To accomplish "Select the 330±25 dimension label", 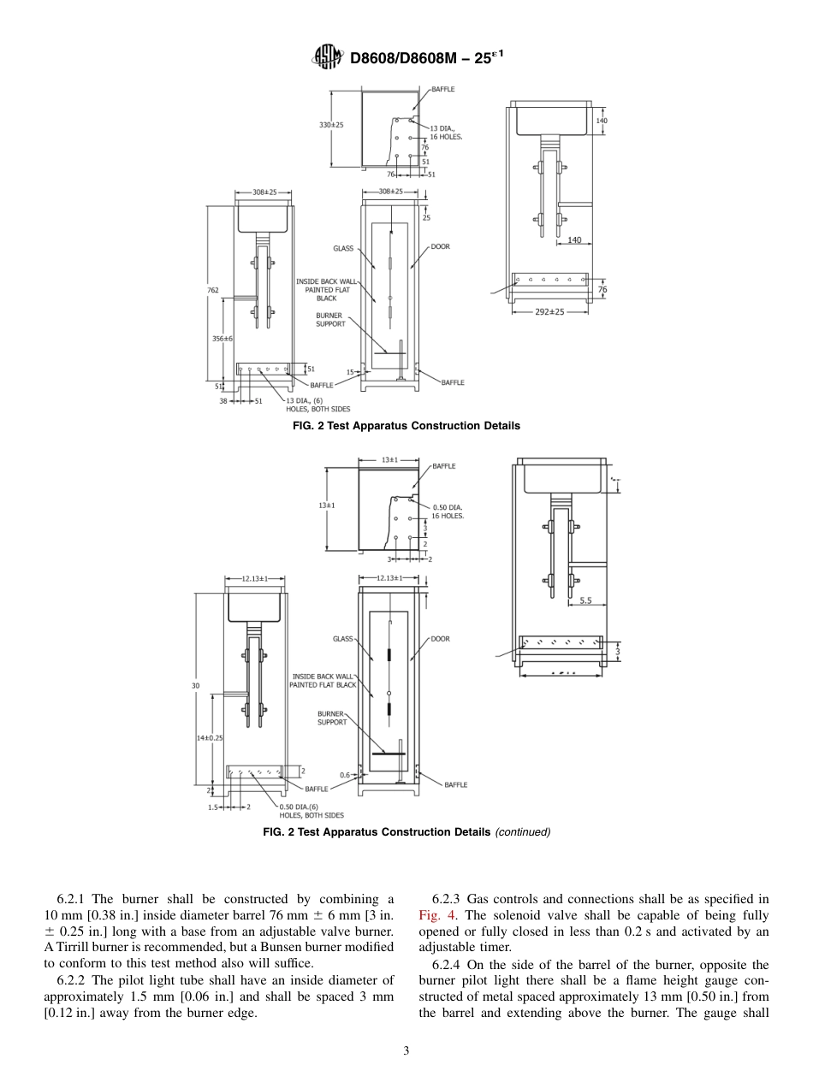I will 331,125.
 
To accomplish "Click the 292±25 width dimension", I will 549,312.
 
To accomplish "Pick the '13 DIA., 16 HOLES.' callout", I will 446,133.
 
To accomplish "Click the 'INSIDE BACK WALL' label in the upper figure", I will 326,281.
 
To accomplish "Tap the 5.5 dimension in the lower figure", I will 585,600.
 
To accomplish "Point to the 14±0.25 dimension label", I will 210,737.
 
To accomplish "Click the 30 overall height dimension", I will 195,686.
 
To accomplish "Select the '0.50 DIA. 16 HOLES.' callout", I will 448,511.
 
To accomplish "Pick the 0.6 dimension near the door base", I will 345,775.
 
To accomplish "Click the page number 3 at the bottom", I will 406,1051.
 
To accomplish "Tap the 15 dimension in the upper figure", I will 350,372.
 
